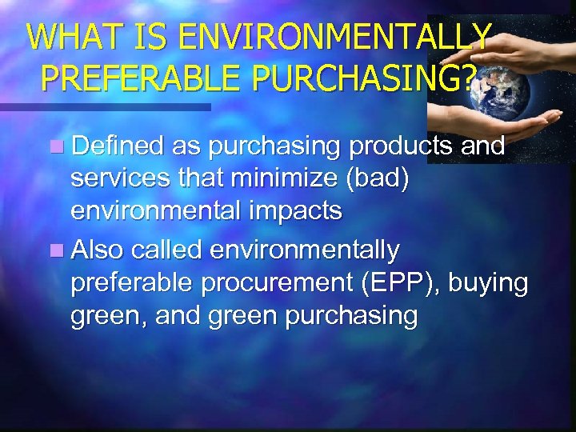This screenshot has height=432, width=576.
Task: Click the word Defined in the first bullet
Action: tap(117, 146)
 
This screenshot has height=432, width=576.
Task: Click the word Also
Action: tap(97, 250)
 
